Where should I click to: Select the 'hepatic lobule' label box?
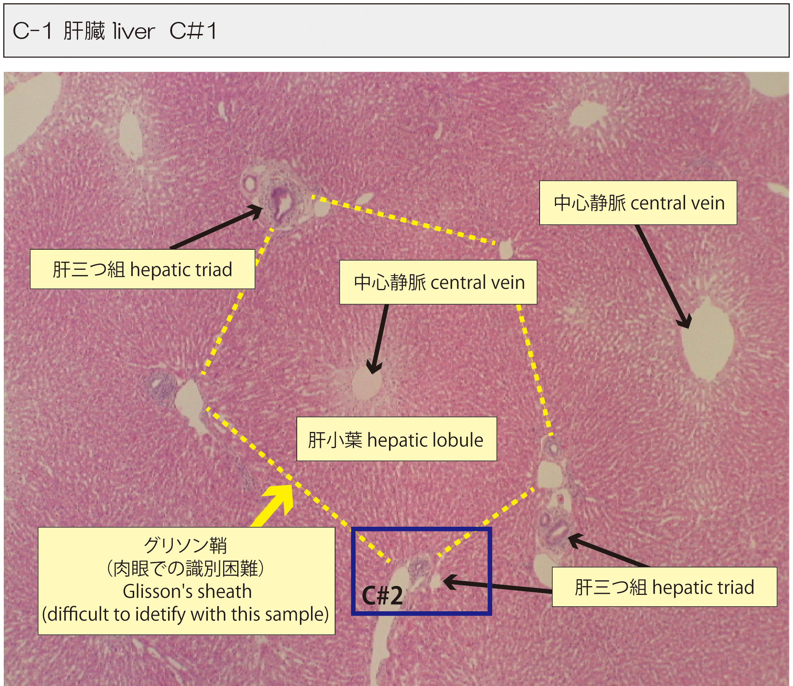tap(396, 440)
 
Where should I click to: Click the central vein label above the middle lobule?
tap(438, 282)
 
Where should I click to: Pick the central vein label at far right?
tap(638, 203)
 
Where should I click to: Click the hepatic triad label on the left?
tap(142, 269)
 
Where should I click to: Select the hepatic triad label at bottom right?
tap(664, 587)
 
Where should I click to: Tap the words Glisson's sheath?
tap(187, 592)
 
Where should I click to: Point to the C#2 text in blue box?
tap(382, 596)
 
